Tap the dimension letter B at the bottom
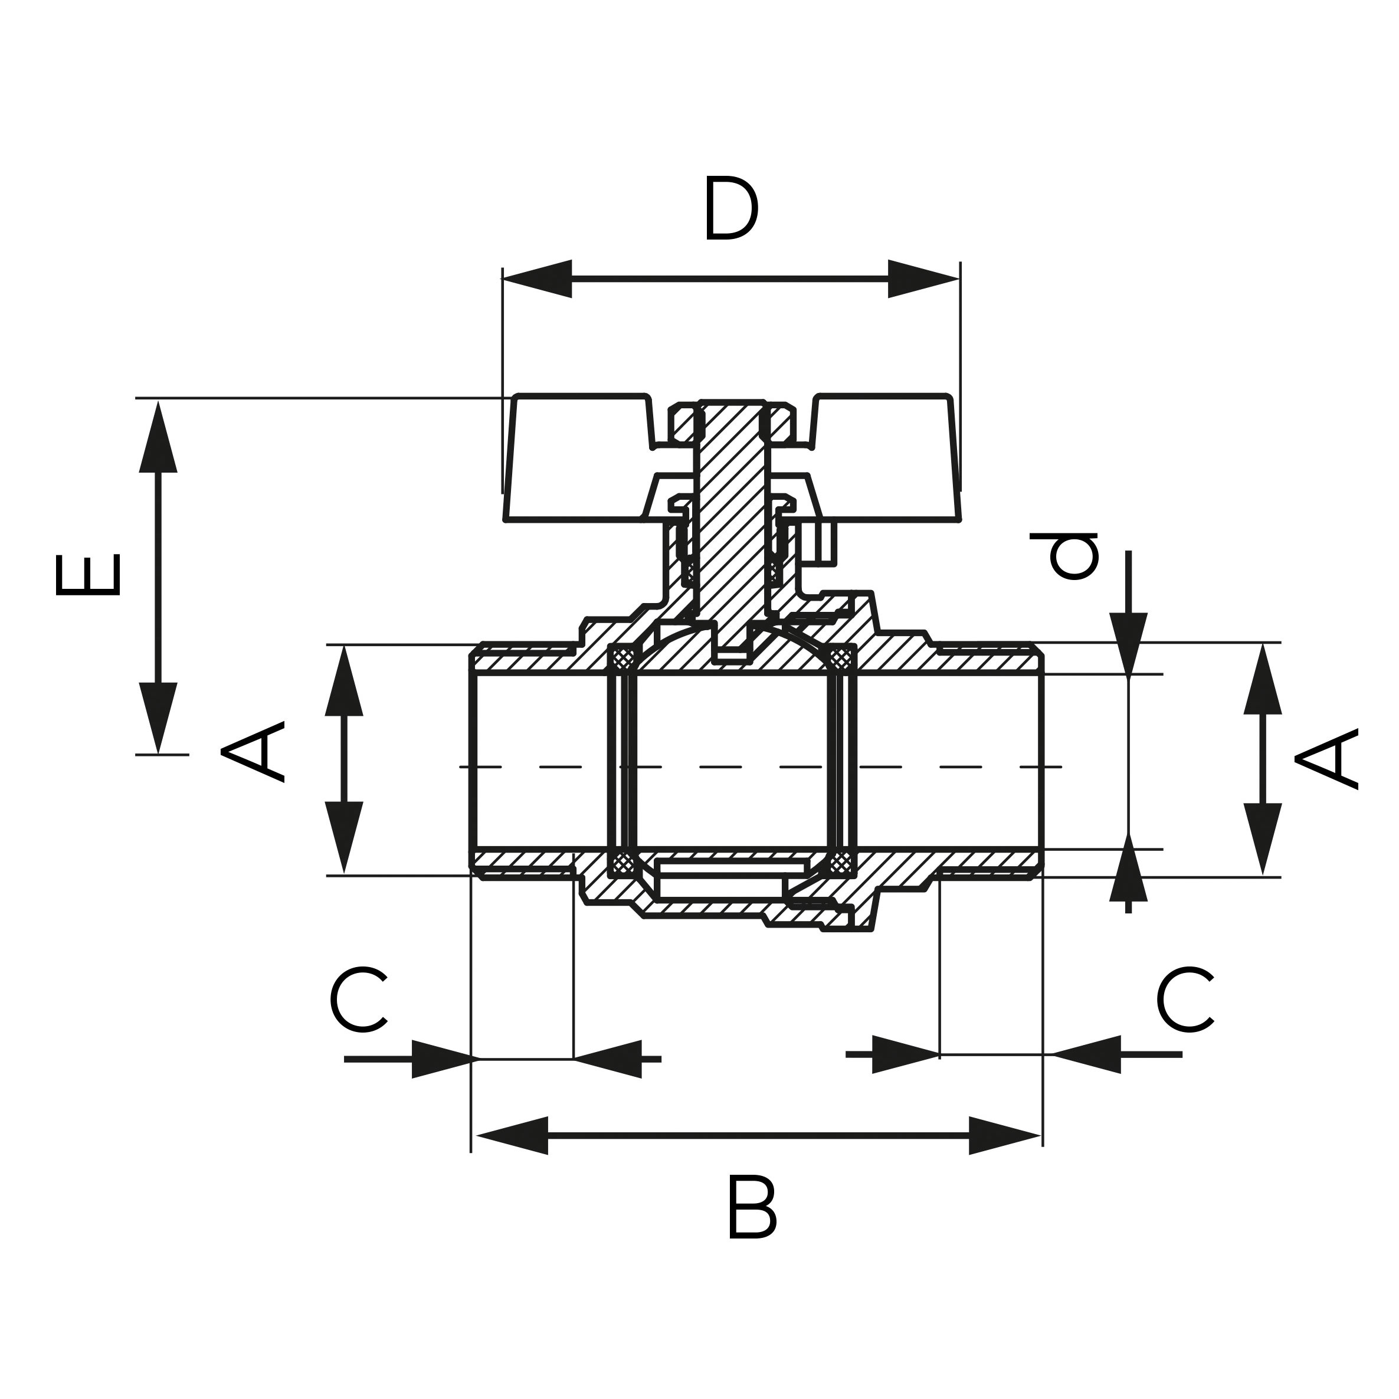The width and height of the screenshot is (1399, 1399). pyautogui.click(x=751, y=1218)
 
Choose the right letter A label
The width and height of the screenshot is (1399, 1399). pyautogui.click(x=1326, y=758)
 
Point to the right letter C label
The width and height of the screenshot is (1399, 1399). pyautogui.click(x=1185, y=1000)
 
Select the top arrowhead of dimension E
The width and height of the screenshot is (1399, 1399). pyautogui.click(x=158, y=438)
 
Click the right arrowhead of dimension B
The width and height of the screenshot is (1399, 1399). pyautogui.click(x=1004, y=1135)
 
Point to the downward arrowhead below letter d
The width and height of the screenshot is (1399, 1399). pyautogui.click(x=1128, y=641)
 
